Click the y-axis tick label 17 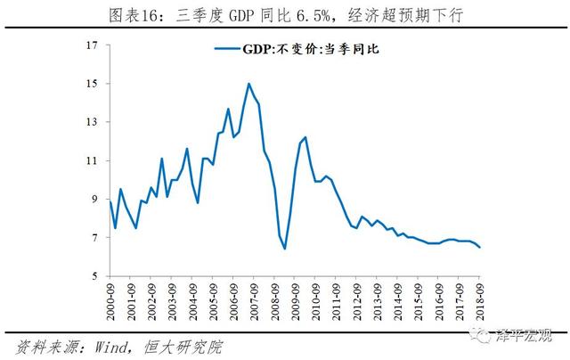point(92,45)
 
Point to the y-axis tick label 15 point(92,84)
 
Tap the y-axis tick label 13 point(92,122)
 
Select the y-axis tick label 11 point(92,160)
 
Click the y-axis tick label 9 point(94,200)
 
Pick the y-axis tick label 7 point(94,238)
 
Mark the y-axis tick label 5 point(94,276)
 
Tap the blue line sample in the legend point(224,50)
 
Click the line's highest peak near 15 point(248,84)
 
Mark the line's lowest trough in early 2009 point(284,248)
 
